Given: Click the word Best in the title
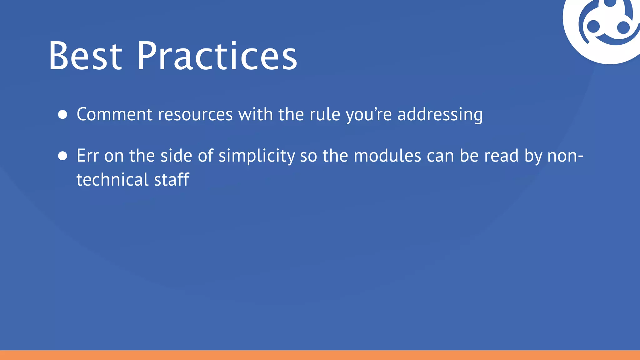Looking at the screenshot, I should pos(85,56).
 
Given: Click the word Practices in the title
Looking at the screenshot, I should pos(217,56).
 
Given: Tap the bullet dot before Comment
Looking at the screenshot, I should pos(63,114).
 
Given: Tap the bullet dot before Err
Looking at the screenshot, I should pos(63,156).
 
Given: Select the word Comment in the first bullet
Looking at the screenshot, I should pos(114,114).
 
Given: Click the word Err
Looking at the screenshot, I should pos(88,156).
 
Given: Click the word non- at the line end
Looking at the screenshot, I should pos(565,156).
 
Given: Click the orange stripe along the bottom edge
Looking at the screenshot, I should pos(320,355).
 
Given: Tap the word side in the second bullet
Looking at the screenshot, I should pos(176,156).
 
